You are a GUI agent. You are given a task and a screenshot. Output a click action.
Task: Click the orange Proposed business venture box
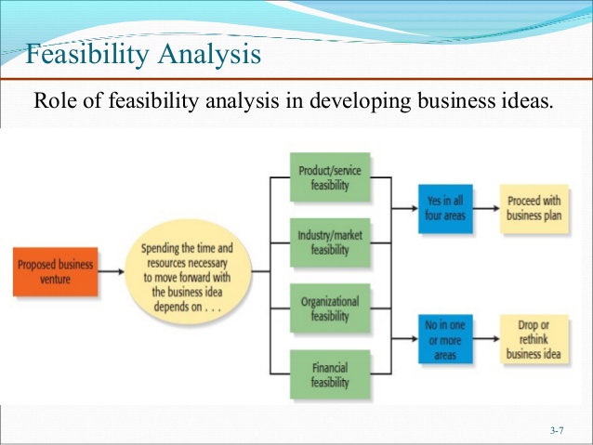[x=55, y=271]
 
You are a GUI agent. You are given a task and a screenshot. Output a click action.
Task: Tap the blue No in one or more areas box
[x=445, y=341]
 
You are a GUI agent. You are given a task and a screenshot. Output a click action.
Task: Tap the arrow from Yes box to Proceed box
[x=486, y=210]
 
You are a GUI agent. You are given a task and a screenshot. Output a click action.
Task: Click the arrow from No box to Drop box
[x=486, y=341]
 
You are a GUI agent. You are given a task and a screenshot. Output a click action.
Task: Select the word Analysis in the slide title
[x=206, y=57]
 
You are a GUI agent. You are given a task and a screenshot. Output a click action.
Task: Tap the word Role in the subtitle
[x=54, y=100]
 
